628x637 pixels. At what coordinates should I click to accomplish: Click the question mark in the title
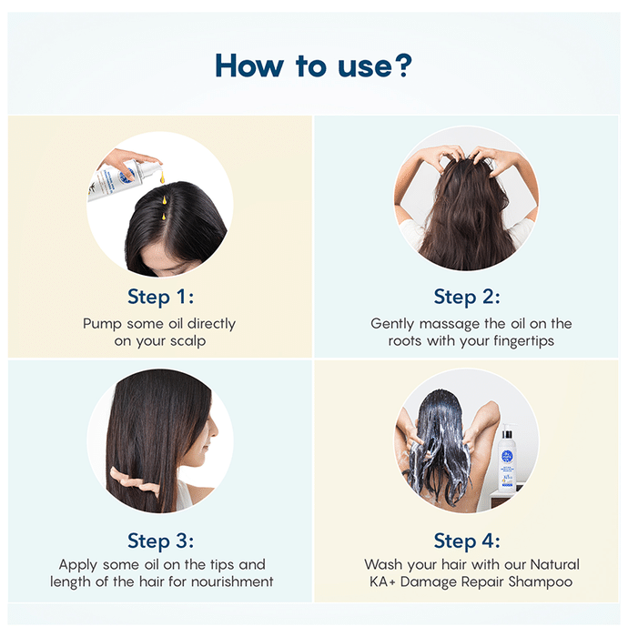tap(403, 65)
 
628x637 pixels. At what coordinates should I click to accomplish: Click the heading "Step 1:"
tap(160, 297)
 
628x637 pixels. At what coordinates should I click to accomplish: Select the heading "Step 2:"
tap(467, 297)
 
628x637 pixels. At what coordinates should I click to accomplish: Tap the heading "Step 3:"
tap(160, 541)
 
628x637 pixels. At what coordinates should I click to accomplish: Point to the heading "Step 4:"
tap(467, 541)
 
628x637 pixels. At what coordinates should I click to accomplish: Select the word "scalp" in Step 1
tap(188, 341)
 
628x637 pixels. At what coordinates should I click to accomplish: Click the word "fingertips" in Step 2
tap(524, 341)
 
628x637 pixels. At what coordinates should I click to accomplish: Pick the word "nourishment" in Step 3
tap(232, 581)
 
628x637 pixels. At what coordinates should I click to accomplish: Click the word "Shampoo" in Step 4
tap(541, 582)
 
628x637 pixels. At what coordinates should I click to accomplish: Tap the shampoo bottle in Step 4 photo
tap(507, 459)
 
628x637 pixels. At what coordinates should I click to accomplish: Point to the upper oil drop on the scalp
tap(164, 199)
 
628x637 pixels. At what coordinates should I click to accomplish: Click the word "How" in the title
tap(249, 66)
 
